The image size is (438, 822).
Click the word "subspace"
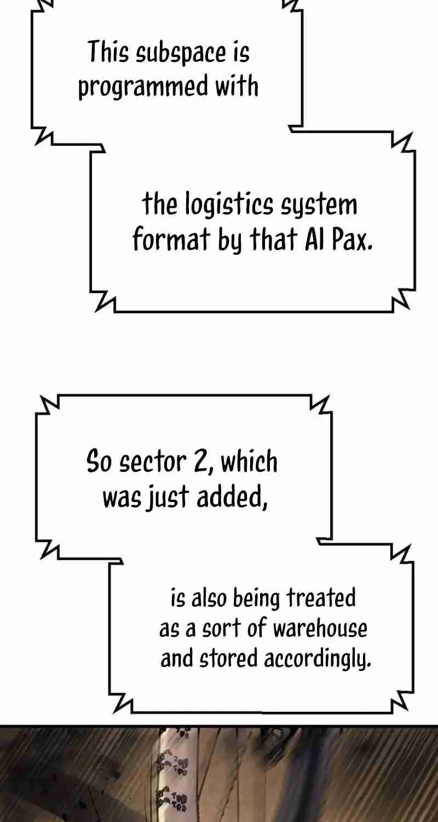click(181, 54)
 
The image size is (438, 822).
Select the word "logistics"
click(229, 204)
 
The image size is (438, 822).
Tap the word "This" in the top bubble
click(108, 53)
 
